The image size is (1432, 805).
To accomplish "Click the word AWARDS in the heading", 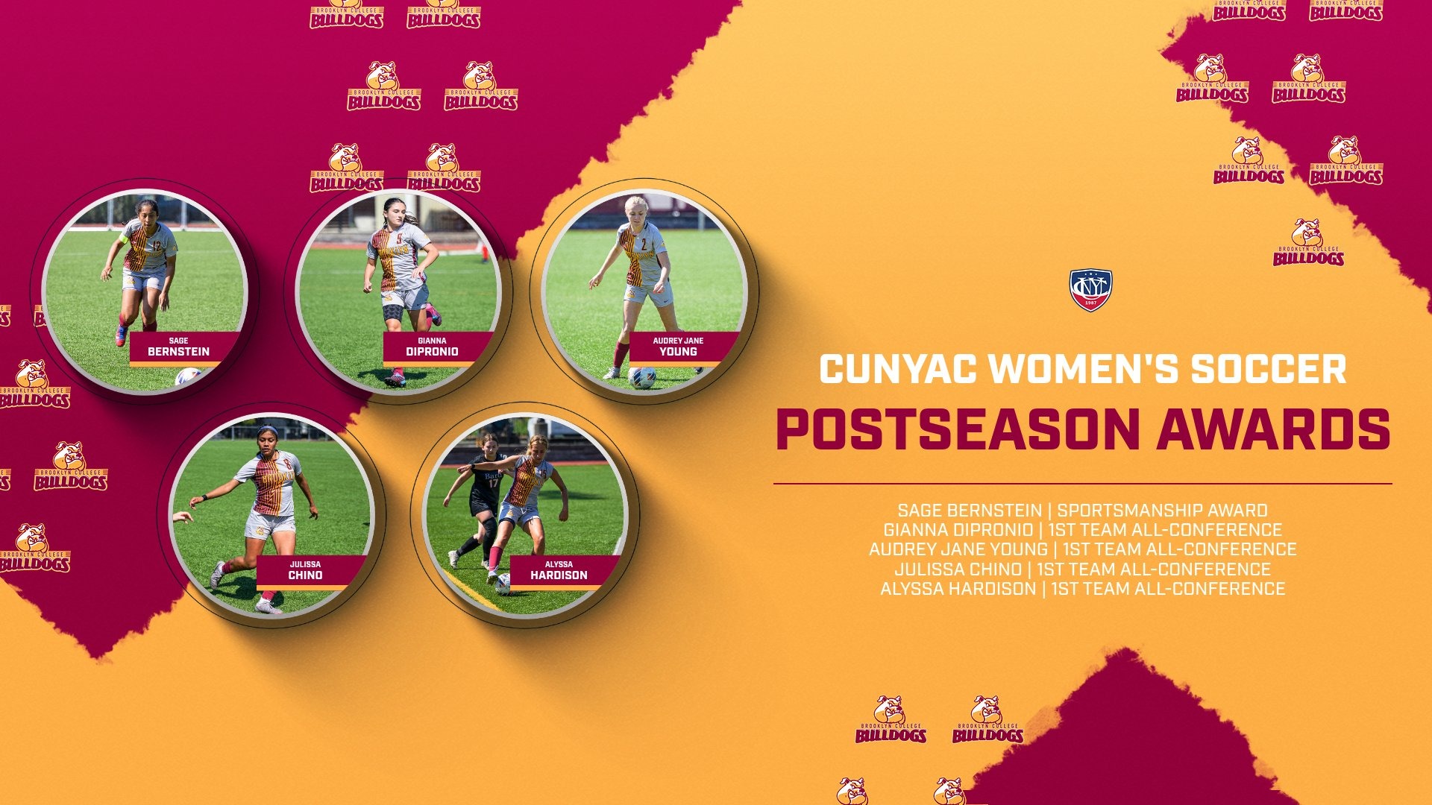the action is pyautogui.click(x=1274, y=429).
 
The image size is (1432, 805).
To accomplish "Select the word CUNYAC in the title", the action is pyautogui.click(x=897, y=369).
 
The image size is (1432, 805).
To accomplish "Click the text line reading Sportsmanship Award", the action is pyautogui.click(x=1162, y=511).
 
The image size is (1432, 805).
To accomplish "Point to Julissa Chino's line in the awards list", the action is pyautogui.click(x=1082, y=569).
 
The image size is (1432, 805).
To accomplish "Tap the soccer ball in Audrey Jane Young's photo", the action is pyautogui.click(x=641, y=377).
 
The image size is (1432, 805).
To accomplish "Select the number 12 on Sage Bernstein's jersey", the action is pyautogui.click(x=156, y=245).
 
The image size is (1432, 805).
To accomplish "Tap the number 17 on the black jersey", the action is pyautogui.click(x=493, y=483).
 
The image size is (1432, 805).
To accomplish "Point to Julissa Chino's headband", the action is pyautogui.click(x=267, y=430).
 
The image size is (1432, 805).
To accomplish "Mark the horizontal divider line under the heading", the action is pyautogui.click(x=1082, y=484).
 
